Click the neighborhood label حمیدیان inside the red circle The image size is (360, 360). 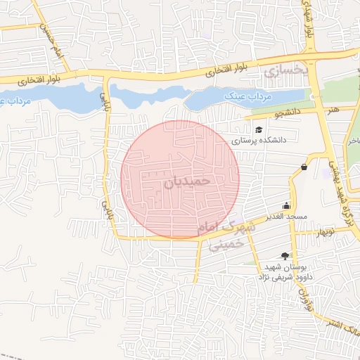188,181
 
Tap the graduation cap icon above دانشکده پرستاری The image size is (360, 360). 259,129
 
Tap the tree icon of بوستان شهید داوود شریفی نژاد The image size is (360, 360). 285,256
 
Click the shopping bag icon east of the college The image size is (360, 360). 304,167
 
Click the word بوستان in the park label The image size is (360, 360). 302,267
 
